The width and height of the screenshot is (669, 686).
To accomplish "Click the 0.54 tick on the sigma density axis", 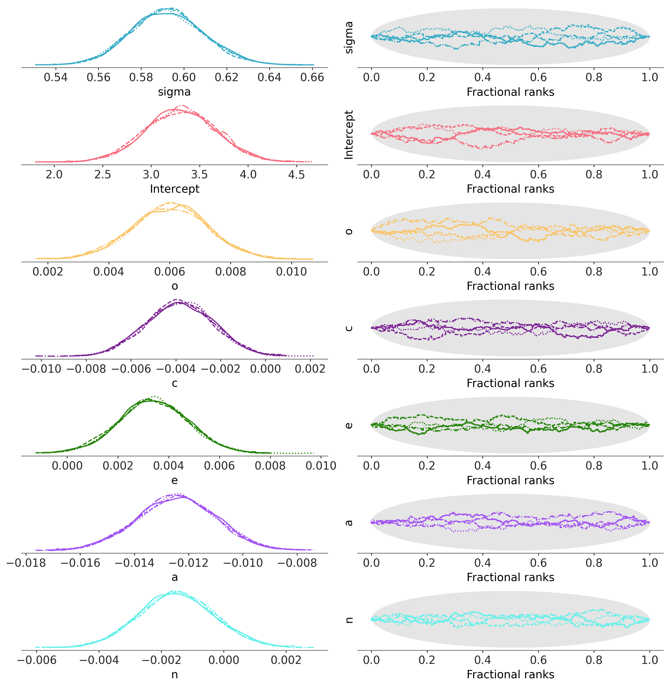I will coord(55,77).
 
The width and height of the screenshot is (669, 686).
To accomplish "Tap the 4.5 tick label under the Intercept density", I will coord(296,174).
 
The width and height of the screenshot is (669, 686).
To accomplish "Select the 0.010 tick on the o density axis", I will coord(291,272).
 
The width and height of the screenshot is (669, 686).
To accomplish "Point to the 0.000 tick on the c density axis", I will coord(265,369).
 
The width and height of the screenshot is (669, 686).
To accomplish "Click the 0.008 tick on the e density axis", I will coord(270,466).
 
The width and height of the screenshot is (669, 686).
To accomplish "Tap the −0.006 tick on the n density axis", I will coord(36,660).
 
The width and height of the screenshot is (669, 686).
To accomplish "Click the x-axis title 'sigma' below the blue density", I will coord(174,92).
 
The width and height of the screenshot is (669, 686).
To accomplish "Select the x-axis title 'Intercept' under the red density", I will coord(174,189).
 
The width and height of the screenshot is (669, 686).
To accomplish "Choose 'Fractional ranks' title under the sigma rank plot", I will coord(510,92).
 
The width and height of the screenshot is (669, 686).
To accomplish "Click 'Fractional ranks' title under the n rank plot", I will coord(510,674).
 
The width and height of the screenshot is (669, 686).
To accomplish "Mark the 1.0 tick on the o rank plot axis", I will coord(649,272).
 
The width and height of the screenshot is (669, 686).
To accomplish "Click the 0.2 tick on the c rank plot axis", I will coord(427,369).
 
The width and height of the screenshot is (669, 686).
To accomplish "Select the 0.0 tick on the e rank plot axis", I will coord(371,466).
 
